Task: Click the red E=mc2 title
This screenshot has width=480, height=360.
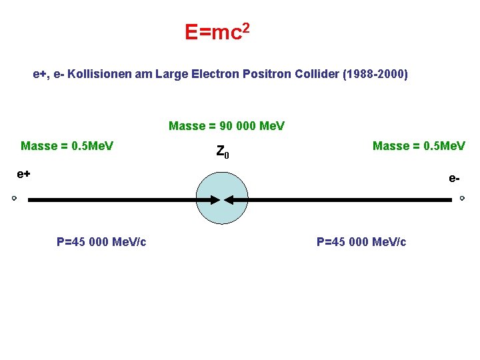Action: click(x=217, y=31)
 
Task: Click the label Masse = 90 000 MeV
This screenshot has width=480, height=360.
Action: click(x=227, y=126)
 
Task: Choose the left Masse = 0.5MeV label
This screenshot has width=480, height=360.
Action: click(x=67, y=146)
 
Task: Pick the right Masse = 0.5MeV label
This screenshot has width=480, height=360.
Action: click(x=419, y=146)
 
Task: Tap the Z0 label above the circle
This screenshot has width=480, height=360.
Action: click(x=223, y=153)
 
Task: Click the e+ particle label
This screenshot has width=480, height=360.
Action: click(x=24, y=174)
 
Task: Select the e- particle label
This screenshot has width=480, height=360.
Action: click(x=454, y=179)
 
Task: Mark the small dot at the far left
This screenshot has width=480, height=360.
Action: click(x=13, y=199)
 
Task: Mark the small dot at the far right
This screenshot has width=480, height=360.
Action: click(x=462, y=199)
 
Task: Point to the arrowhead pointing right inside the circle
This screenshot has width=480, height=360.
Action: click(x=215, y=199)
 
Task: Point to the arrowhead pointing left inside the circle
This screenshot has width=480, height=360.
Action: click(x=229, y=199)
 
